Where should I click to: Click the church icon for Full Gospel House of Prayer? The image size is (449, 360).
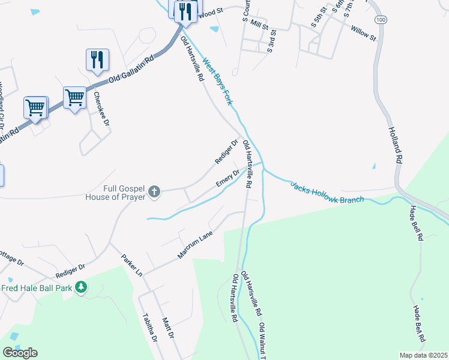154,192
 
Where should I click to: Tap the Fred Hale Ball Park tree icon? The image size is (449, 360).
82,288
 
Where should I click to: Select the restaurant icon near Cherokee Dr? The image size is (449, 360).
97,59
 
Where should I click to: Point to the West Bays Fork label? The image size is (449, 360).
217,81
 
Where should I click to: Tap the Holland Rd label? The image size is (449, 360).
394,145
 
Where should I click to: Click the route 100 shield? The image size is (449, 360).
380,20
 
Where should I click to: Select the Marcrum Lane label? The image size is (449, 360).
196,247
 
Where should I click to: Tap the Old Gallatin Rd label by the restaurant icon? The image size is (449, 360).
132,70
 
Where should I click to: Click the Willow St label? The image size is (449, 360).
363,32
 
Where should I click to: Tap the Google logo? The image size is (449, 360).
20,353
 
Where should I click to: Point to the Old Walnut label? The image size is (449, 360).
263,341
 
